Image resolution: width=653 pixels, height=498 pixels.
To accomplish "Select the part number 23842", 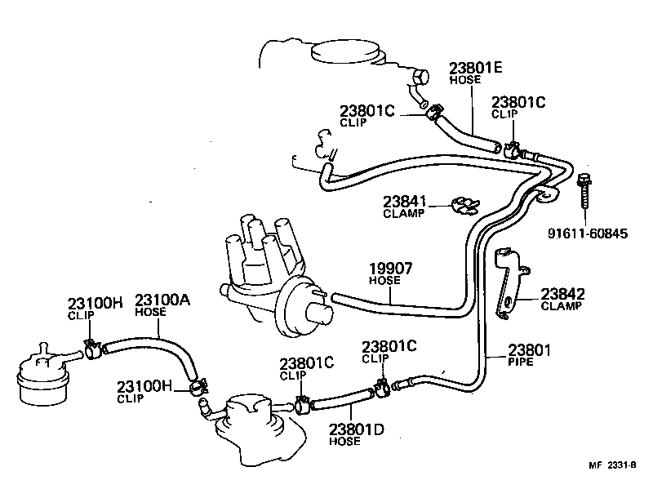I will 562,294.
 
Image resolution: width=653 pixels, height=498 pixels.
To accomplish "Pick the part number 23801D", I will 356,429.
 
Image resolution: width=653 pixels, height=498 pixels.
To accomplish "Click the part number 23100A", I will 162,300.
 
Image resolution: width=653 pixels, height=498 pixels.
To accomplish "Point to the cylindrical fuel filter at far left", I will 40,376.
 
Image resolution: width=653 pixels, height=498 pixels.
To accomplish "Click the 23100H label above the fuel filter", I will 95,302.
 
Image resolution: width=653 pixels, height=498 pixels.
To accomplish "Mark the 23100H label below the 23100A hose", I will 144,386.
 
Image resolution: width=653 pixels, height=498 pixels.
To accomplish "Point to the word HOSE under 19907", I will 384,280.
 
